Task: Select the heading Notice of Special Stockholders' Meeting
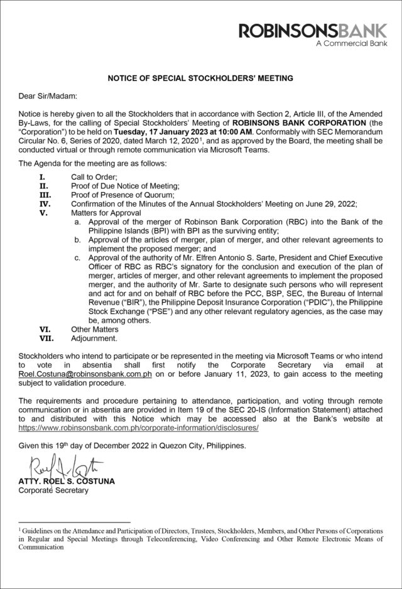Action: click(x=200, y=78)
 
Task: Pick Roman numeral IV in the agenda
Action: click(x=45, y=204)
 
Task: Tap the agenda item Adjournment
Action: click(x=94, y=338)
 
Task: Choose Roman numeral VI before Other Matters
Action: click(x=45, y=329)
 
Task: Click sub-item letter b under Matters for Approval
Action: click(x=77, y=240)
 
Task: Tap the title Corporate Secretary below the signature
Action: click(x=53, y=490)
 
